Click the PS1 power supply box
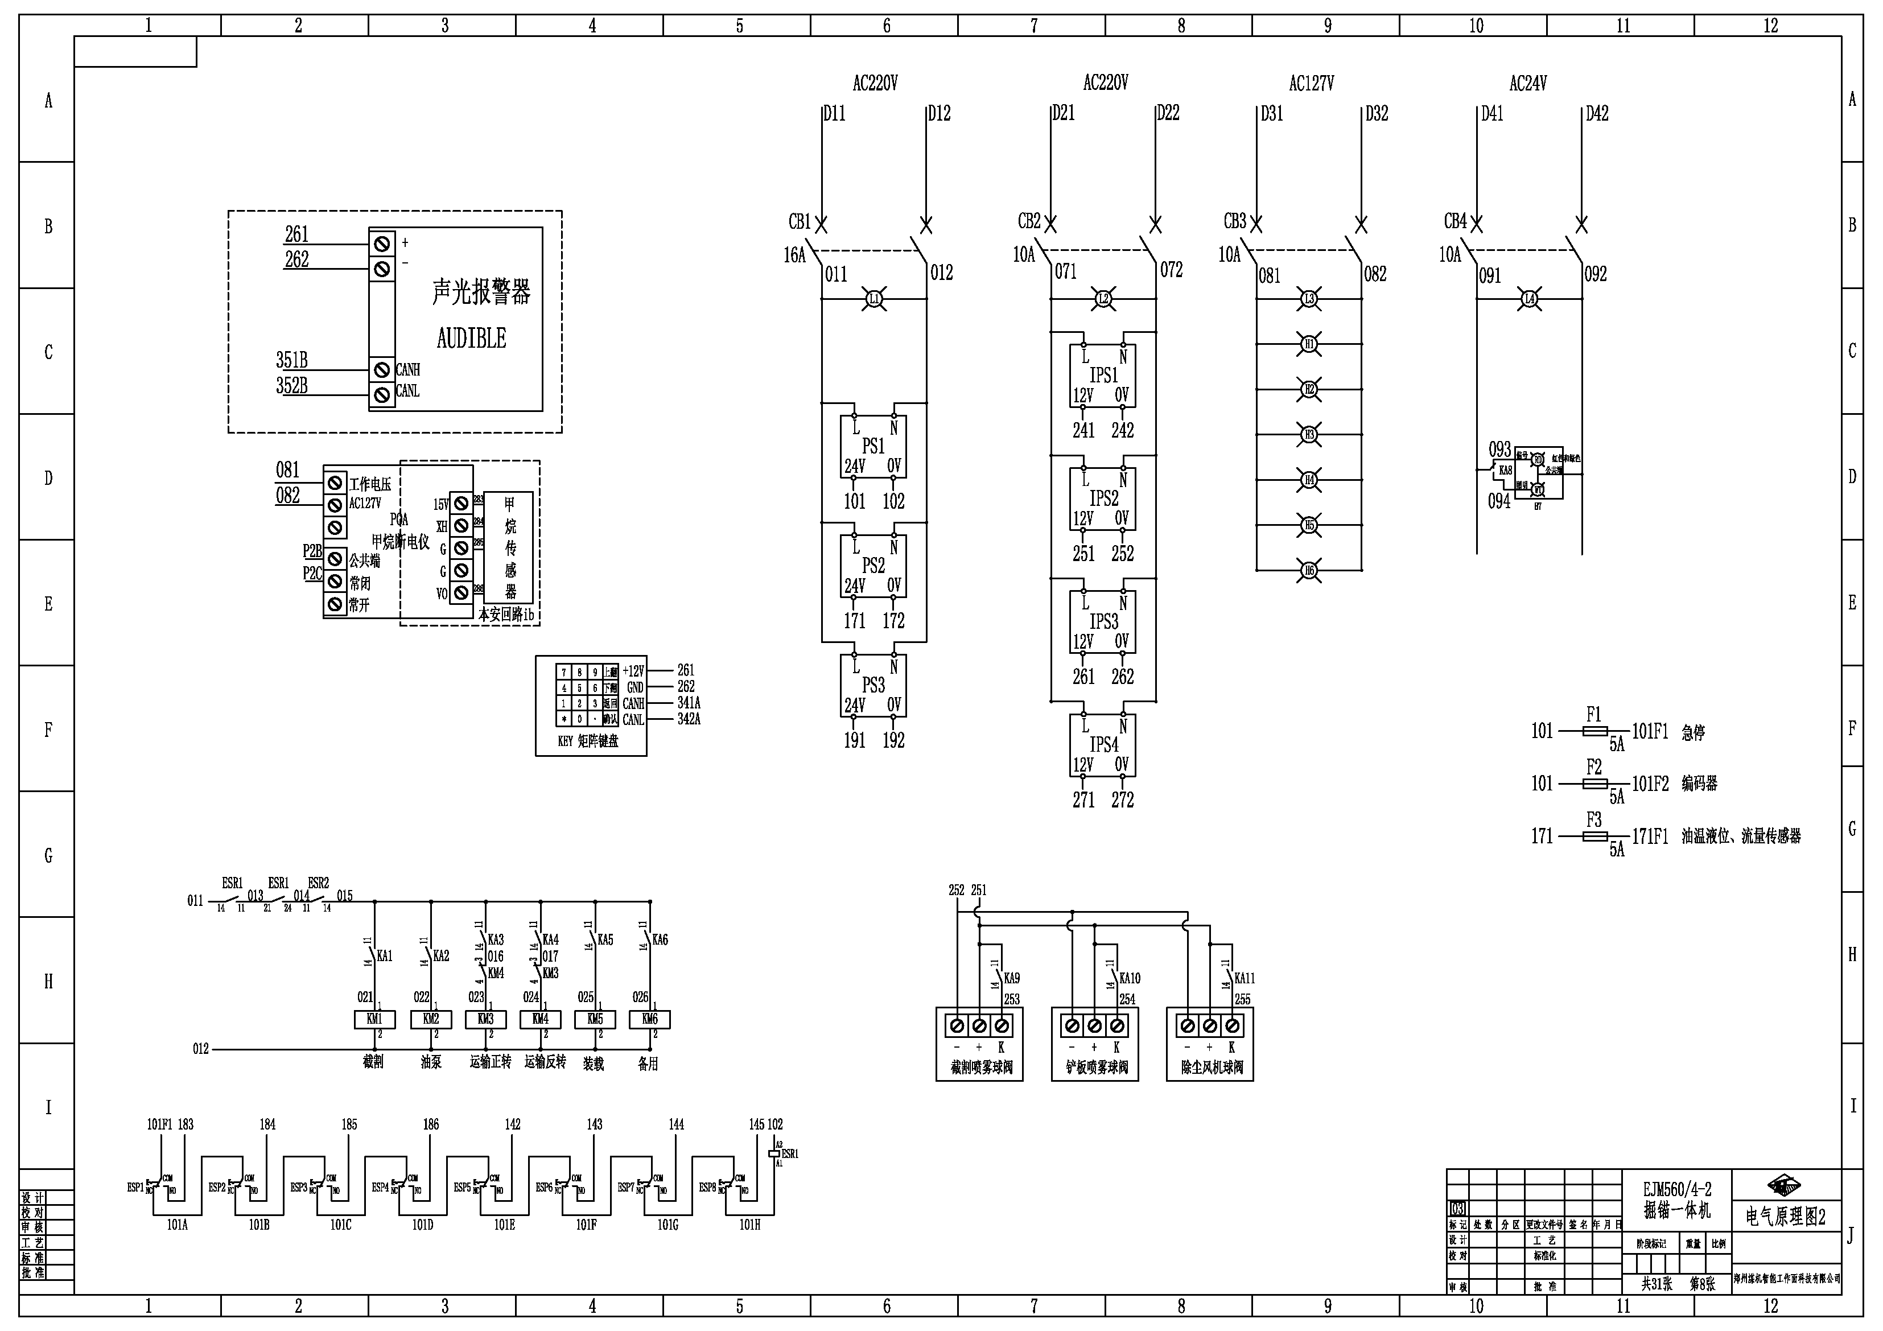[872, 447]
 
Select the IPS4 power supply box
[1103, 745]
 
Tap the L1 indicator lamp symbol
[874, 299]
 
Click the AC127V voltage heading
[1311, 84]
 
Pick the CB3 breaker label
[1234, 221]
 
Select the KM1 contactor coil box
[374, 1019]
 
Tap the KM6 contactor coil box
[649, 1019]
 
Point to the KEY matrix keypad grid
[587, 695]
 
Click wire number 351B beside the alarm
[292, 360]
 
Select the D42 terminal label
[1597, 114]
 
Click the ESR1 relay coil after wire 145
[773, 1153]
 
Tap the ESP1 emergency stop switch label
[135, 1188]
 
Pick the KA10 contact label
[1130, 978]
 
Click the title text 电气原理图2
[1785, 1217]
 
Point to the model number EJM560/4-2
[1676, 1189]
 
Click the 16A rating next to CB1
[794, 255]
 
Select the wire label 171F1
[1650, 836]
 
